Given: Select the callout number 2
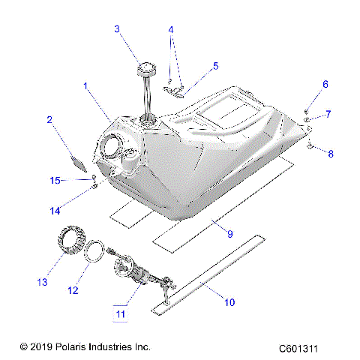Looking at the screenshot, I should coord(49,119).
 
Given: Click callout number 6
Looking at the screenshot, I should coord(325,84).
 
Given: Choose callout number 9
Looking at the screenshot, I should coord(230,234).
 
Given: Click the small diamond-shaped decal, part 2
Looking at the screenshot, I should coord(79,158).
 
